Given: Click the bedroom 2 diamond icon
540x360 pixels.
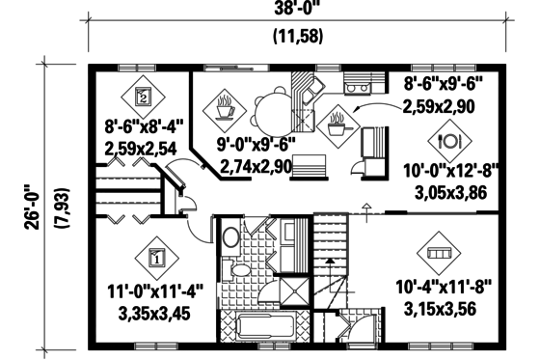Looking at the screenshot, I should [x=144, y=96].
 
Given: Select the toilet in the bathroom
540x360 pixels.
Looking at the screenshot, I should [x=231, y=237].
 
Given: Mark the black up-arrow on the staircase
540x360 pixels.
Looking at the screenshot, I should [x=329, y=262].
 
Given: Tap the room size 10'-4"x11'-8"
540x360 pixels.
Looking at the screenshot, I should [x=444, y=287].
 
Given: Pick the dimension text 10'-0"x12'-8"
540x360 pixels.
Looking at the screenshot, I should [x=450, y=172].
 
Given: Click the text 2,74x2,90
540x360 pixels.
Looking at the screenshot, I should [x=256, y=166].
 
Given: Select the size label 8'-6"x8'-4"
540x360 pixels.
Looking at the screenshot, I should [x=144, y=126].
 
